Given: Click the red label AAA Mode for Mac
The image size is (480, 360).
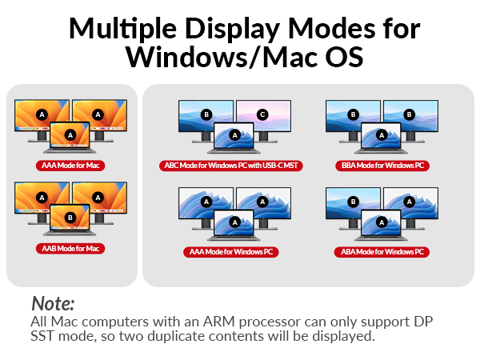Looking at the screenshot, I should click(71, 166).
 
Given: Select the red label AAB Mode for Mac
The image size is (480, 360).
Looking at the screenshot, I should click(71, 248).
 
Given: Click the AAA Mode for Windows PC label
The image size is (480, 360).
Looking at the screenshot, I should click(234, 252).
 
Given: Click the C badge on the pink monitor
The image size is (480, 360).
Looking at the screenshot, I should click(262, 114).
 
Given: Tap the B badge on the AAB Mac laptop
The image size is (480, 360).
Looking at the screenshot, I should click(70, 217).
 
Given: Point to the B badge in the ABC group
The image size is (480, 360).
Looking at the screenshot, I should click(206, 114).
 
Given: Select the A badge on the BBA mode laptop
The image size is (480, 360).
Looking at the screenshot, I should click(382, 135).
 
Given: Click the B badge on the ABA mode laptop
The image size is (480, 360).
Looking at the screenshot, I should click(382, 222).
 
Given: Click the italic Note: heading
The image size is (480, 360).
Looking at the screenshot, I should click(53, 304).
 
